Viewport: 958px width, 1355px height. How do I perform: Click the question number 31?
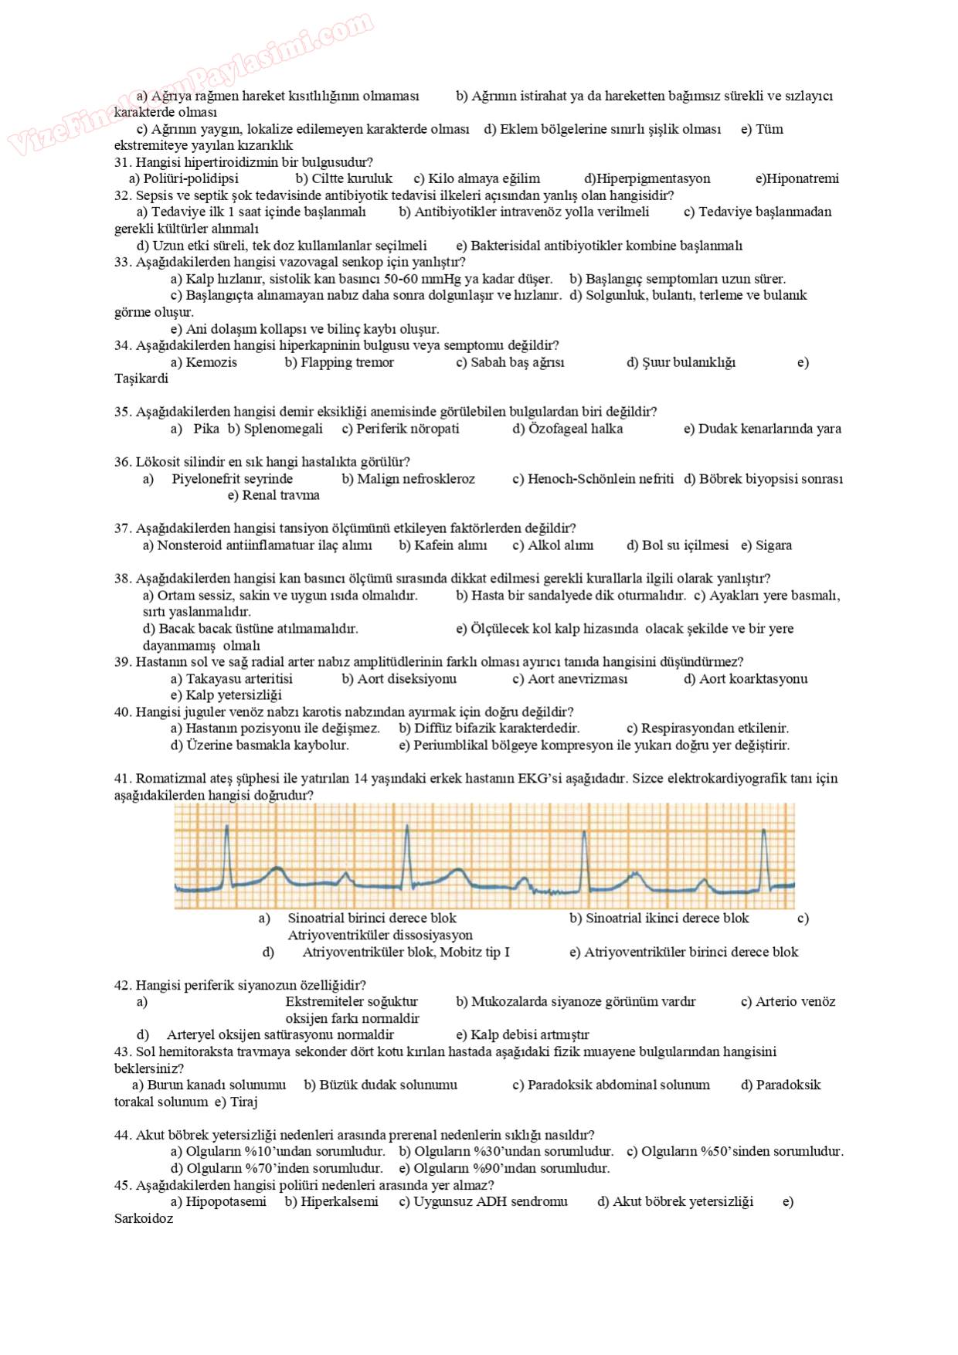(x=123, y=162)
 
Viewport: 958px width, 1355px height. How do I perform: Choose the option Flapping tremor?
(x=347, y=362)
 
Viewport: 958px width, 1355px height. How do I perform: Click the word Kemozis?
(x=211, y=362)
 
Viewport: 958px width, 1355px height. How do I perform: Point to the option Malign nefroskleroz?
(x=416, y=479)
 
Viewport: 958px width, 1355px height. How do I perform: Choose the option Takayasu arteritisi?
(x=239, y=679)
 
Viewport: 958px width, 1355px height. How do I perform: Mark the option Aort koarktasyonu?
(x=753, y=679)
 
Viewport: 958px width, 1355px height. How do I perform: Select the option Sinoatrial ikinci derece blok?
(x=667, y=919)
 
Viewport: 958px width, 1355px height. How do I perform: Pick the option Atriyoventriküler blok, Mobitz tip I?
(x=406, y=953)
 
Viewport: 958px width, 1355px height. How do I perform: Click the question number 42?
(x=123, y=985)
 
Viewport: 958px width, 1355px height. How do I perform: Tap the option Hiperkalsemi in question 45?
(x=339, y=1202)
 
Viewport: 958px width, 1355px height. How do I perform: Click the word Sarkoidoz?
(x=144, y=1219)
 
